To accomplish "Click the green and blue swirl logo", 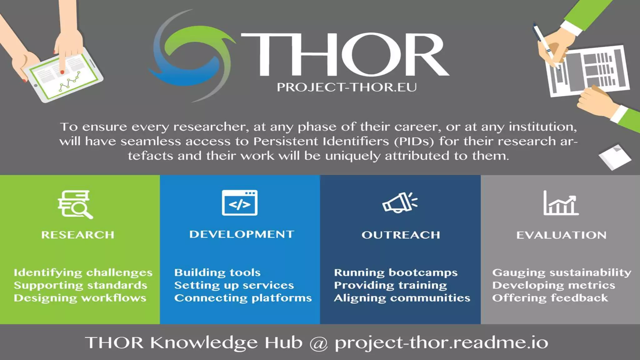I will (x=191, y=56).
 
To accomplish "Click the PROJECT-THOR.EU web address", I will (x=347, y=87).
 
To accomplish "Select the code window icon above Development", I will (x=240, y=203).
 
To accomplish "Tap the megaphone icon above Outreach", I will (x=400, y=202).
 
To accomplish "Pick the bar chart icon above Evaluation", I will (x=561, y=203).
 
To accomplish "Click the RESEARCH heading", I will (x=78, y=235).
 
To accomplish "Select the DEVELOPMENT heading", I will (x=242, y=234).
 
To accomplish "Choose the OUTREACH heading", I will (x=401, y=235).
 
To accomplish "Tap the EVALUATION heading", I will (x=561, y=235).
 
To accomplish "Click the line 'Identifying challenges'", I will (x=83, y=273).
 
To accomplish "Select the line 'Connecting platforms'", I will (x=243, y=298).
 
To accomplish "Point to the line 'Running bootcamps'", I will (x=396, y=272).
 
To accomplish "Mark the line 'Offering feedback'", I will (x=550, y=298).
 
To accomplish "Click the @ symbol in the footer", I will (x=318, y=343).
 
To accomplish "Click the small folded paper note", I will (x=615, y=157).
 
